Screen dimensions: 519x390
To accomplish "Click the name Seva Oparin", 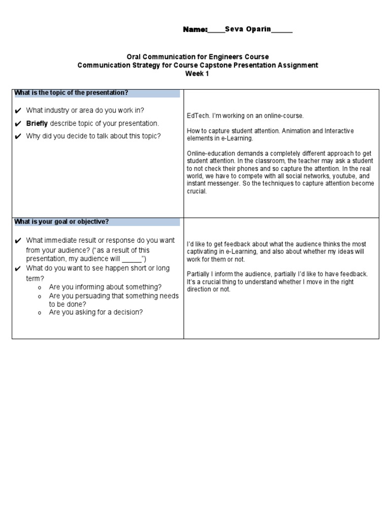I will click(x=248, y=30).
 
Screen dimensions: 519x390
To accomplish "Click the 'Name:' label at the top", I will click(x=195, y=30).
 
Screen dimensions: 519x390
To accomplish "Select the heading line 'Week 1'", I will click(x=198, y=73).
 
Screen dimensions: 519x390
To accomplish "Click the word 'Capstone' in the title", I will click(x=215, y=65).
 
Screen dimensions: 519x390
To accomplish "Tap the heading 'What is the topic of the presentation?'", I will click(x=71, y=93).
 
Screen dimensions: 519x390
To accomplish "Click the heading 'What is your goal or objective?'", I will click(x=61, y=221).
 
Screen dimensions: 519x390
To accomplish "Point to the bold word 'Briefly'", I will click(x=37, y=123).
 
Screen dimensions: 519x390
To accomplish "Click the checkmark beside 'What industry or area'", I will click(x=18, y=110).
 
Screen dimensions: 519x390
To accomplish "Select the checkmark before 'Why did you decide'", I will click(x=18, y=136).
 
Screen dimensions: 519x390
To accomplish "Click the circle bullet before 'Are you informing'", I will click(x=39, y=287).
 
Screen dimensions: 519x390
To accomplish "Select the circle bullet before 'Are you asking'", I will click(x=39, y=313).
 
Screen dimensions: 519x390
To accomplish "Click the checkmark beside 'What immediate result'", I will click(x=18, y=241).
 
